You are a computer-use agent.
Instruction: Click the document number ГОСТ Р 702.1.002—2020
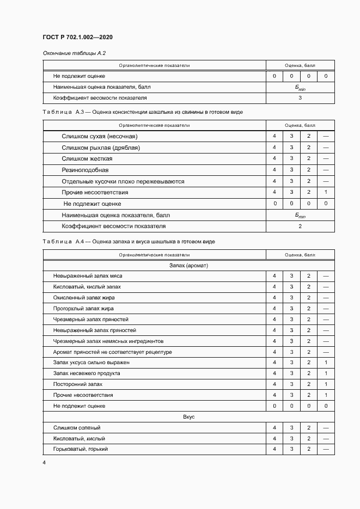tap(77, 37)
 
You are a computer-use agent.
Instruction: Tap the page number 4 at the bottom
tap(44, 462)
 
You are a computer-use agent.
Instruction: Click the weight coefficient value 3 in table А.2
tap(300, 98)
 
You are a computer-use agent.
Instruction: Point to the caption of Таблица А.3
tap(143, 112)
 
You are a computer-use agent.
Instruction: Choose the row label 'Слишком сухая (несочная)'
tap(100, 136)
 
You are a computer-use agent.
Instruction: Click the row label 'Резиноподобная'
tap(81, 170)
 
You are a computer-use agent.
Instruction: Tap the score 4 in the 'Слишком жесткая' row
tap(274, 158)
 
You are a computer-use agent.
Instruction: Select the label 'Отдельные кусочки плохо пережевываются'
tap(123, 181)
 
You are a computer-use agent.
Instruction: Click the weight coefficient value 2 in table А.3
tap(300, 226)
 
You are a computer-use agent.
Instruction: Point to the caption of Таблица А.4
tap(129, 241)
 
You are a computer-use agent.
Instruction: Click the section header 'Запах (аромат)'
tap(189, 265)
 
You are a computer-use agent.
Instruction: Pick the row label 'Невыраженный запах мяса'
tap(88, 276)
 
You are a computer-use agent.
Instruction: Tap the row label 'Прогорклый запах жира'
tap(83, 309)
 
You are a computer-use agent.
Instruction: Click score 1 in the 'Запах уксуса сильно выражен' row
tap(326, 363)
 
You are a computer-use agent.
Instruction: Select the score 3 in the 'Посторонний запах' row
tap(291, 384)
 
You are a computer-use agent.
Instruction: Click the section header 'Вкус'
tap(189, 416)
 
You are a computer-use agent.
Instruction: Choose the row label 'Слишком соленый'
tap(77, 428)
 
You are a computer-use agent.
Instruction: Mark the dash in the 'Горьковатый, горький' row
tap(326, 449)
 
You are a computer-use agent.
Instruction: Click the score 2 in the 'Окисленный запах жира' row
tap(308, 298)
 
